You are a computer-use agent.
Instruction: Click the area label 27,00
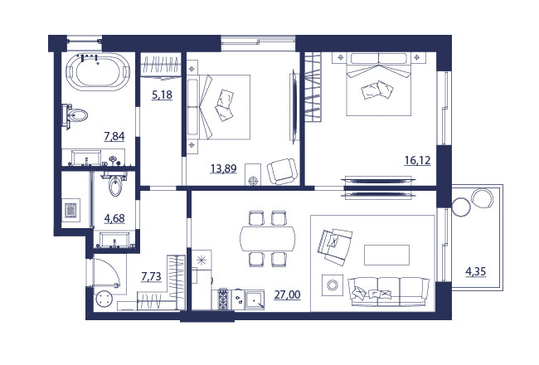[287, 294]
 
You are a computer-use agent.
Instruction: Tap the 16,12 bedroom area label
[417, 160]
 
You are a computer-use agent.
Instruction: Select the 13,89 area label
[223, 168]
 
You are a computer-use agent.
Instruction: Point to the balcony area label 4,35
[476, 271]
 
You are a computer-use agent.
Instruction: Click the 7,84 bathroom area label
[114, 136]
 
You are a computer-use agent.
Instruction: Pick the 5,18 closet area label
[162, 95]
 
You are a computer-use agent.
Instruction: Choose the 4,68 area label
[114, 218]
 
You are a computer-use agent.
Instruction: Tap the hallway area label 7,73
[151, 276]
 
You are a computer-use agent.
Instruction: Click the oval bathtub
[98, 71]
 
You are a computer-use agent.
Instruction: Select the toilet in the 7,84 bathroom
[75, 115]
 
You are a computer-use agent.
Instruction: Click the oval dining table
[268, 238]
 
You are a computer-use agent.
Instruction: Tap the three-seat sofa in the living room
[388, 292]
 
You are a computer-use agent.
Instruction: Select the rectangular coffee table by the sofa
[386, 255]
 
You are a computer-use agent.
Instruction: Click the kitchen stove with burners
[223, 299]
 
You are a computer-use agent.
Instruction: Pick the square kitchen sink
[255, 299]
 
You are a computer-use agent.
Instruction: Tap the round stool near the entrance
[104, 299]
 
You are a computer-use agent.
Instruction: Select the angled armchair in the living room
[334, 246]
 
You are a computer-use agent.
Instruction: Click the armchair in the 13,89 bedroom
[282, 172]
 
